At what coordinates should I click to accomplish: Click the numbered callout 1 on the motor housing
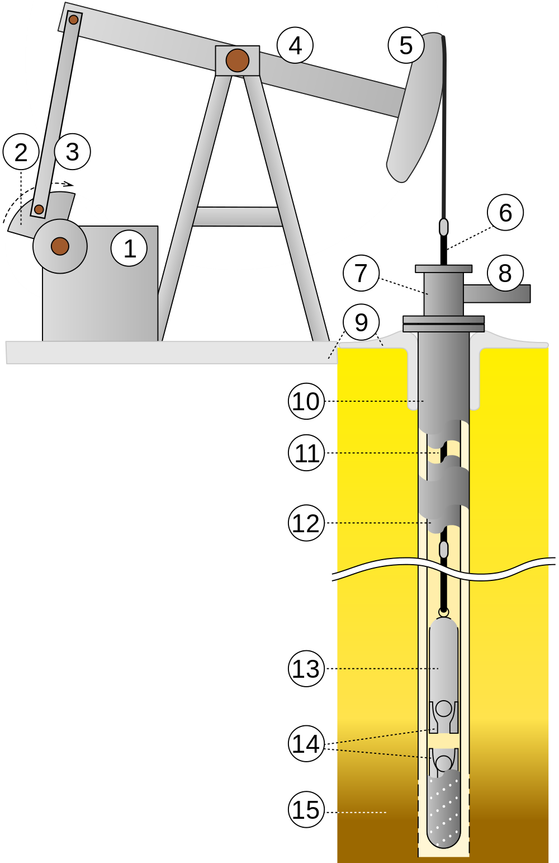pos(129,248)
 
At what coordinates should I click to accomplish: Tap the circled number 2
pos(21,152)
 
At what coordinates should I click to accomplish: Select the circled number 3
pos(72,152)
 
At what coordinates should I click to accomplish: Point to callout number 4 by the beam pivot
pos(295,45)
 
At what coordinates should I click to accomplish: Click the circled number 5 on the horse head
pos(406,45)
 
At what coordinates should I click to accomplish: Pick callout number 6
pos(505,213)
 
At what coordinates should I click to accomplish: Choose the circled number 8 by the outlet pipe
pos(505,273)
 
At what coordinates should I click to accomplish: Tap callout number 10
pos(306,401)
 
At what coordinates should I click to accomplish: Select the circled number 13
pos(306,668)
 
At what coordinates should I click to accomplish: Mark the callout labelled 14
pos(306,744)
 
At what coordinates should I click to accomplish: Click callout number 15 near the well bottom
pos(306,809)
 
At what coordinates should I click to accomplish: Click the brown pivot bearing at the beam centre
pos(237,60)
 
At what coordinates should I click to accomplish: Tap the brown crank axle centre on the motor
pos(60,246)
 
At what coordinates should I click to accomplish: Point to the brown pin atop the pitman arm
pos(73,20)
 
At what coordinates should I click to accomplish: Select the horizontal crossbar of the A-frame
pos(238,216)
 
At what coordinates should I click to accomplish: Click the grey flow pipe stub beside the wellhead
pos(496,293)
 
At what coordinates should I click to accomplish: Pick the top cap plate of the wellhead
pos(443,269)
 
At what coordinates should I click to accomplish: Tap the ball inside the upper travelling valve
pos(444,709)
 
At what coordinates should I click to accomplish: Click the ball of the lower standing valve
pos(444,762)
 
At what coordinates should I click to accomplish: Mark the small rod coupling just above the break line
pos(444,550)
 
